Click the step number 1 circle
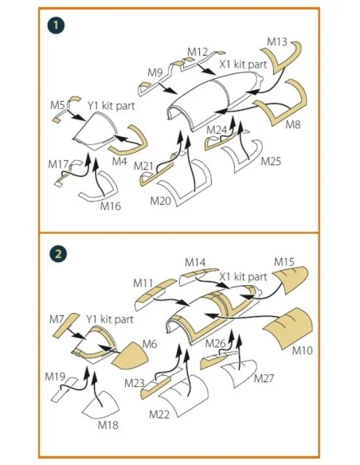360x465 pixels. coord(56,25)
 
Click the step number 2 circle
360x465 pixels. coord(58,254)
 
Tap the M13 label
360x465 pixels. coord(277,42)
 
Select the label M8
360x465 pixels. coord(293,124)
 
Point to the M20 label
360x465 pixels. coord(160,201)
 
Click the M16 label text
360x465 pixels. coord(111,206)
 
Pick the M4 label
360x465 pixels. coord(119,162)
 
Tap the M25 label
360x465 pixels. coord(271,162)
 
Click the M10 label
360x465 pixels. coord(302,350)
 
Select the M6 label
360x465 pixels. coord(150,344)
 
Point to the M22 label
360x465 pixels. coord(159,414)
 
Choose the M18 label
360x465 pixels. coord(108,425)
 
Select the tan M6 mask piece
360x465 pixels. coord(131,356)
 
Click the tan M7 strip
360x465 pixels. coord(66,325)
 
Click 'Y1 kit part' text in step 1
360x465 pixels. coord(111,106)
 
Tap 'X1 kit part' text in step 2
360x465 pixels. coord(243,276)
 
